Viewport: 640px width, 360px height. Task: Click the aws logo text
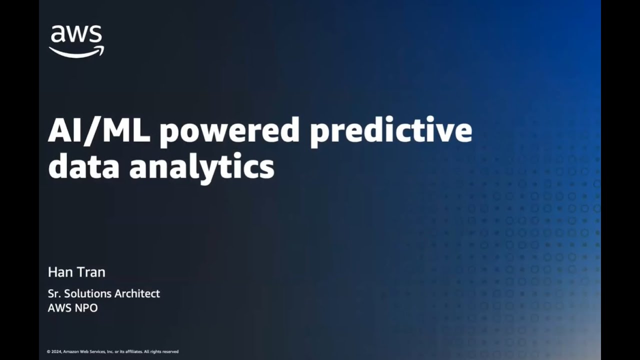coord(76,35)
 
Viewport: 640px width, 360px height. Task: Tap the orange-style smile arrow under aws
coord(76,51)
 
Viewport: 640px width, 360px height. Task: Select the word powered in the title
coord(229,131)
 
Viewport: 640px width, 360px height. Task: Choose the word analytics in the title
coord(202,167)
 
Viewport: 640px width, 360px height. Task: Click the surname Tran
coord(91,272)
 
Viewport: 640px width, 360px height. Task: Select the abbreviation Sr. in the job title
coord(54,293)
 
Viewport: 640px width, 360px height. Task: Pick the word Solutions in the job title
coord(88,293)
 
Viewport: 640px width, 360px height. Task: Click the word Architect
coord(137,293)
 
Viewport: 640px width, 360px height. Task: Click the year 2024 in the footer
coord(56,351)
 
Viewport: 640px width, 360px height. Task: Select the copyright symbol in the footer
coord(48,351)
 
